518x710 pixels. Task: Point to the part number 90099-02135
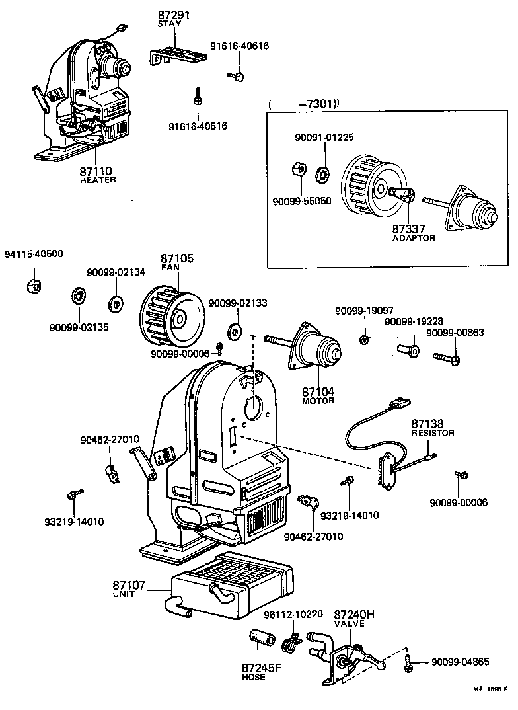[x=79, y=327]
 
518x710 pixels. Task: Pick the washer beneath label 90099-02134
[x=117, y=303]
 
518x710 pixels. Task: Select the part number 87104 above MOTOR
[x=318, y=392]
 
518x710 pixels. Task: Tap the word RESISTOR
[x=433, y=433]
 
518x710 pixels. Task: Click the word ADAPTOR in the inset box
[x=414, y=237]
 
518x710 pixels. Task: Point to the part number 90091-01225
[x=324, y=138]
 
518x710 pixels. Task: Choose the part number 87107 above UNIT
[x=128, y=585]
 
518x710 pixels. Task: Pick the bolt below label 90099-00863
[x=446, y=358]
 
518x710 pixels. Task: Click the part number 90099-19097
[x=364, y=310]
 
